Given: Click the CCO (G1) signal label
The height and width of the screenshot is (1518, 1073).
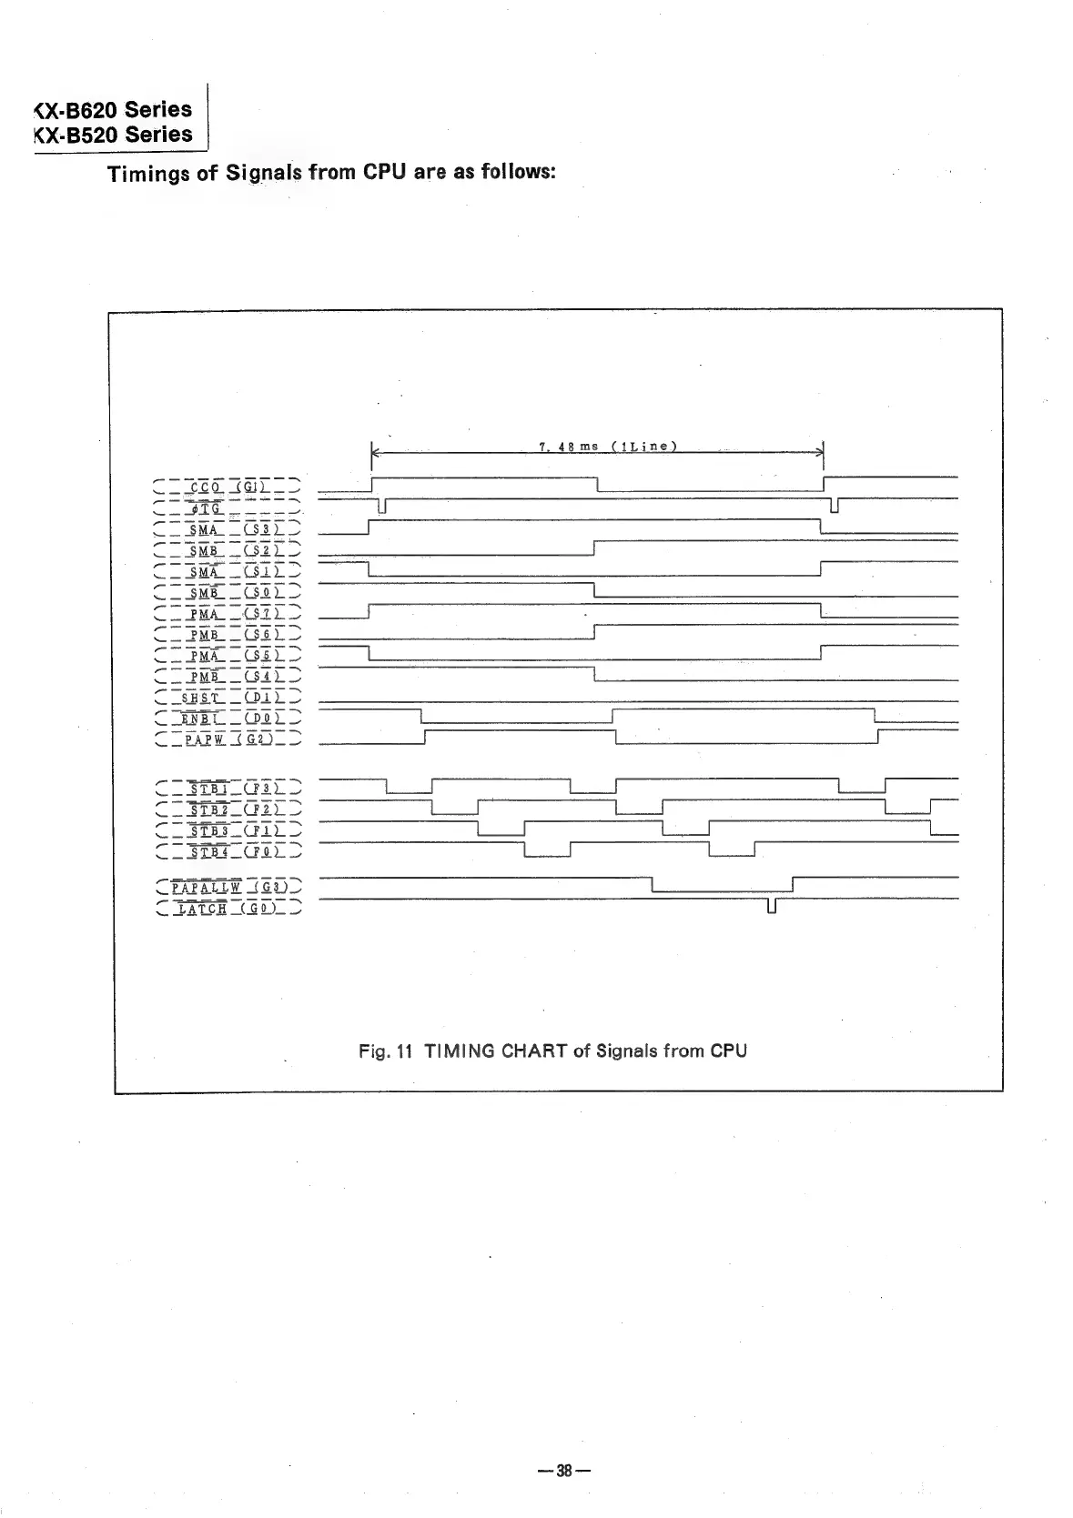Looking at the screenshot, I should click(x=228, y=487).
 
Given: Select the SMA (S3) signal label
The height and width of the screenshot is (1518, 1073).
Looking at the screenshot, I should click(x=228, y=529).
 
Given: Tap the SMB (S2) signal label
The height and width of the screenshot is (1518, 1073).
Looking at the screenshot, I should click(x=228, y=550).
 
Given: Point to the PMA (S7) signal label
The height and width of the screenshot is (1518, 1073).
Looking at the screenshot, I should click(x=228, y=614).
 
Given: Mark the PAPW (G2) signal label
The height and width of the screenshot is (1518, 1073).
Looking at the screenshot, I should click(x=228, y=740).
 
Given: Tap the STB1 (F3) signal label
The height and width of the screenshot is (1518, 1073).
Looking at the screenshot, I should click(x=228, y=788).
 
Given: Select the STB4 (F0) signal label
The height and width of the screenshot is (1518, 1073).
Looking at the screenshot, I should click(x=228, y=851).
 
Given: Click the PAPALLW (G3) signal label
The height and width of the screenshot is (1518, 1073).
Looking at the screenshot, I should click(x=229, y=887).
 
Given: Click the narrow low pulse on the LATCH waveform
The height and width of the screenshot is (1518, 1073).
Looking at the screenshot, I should click(x=772, y=906).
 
